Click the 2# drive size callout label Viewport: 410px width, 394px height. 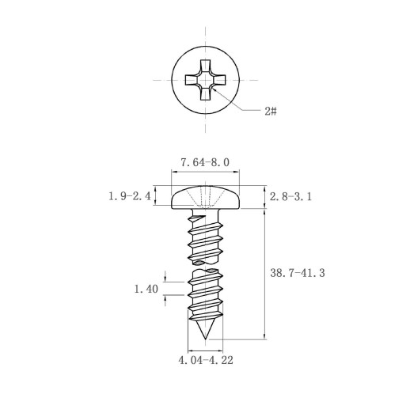271,112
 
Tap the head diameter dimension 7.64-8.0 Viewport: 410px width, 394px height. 205,162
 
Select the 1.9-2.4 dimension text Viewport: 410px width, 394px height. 130,196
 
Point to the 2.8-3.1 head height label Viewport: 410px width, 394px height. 290,196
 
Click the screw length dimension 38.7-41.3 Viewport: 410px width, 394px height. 298,273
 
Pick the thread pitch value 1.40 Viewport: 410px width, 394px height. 146,289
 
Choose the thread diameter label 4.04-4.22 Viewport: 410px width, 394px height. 206,360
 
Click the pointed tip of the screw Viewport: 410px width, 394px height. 206,339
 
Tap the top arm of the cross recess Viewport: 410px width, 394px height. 205,66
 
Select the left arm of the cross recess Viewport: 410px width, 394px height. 191,80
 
